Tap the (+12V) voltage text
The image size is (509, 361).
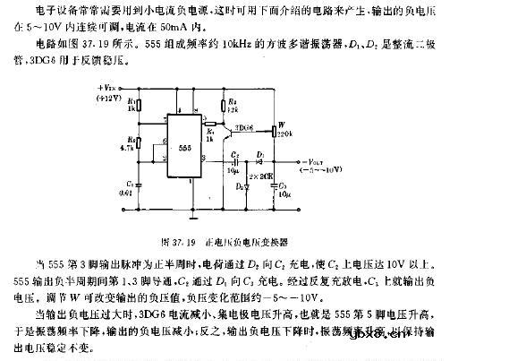pos(108,98)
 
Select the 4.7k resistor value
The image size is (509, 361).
pos(132,147)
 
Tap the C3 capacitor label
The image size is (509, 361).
pos(283,183)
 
